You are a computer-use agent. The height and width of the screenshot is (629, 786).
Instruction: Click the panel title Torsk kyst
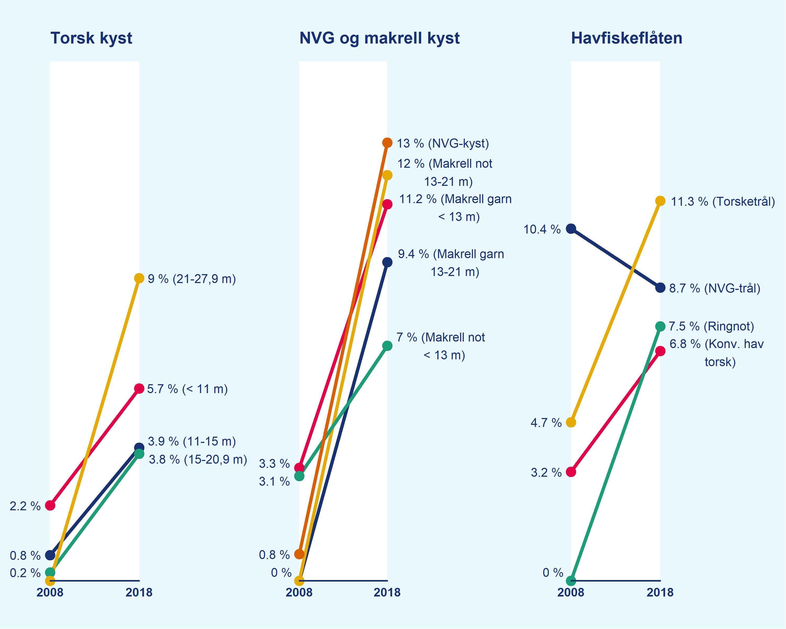91,38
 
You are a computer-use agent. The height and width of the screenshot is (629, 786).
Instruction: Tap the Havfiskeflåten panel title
626,38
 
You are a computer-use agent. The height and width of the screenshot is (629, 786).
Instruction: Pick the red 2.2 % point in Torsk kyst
50,505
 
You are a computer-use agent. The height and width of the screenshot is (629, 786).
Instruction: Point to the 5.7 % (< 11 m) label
187,389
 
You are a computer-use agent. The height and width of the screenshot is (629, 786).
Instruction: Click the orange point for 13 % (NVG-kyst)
387,143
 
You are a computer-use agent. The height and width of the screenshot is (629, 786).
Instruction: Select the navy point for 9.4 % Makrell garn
387,262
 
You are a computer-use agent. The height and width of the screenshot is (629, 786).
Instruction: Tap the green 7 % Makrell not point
387,346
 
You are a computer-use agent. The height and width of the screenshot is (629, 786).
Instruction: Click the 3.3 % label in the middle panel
274,464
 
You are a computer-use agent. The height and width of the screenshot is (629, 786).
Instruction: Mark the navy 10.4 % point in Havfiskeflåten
571,229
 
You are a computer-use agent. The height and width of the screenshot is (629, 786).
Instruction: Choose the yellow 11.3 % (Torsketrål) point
660,201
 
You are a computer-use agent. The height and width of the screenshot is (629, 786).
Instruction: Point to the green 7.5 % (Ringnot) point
660,326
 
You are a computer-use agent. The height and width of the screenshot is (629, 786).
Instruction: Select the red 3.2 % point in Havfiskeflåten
571,472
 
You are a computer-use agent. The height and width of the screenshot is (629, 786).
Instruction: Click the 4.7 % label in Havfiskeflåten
546,423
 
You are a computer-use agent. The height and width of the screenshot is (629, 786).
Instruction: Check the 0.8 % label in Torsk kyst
25,556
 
